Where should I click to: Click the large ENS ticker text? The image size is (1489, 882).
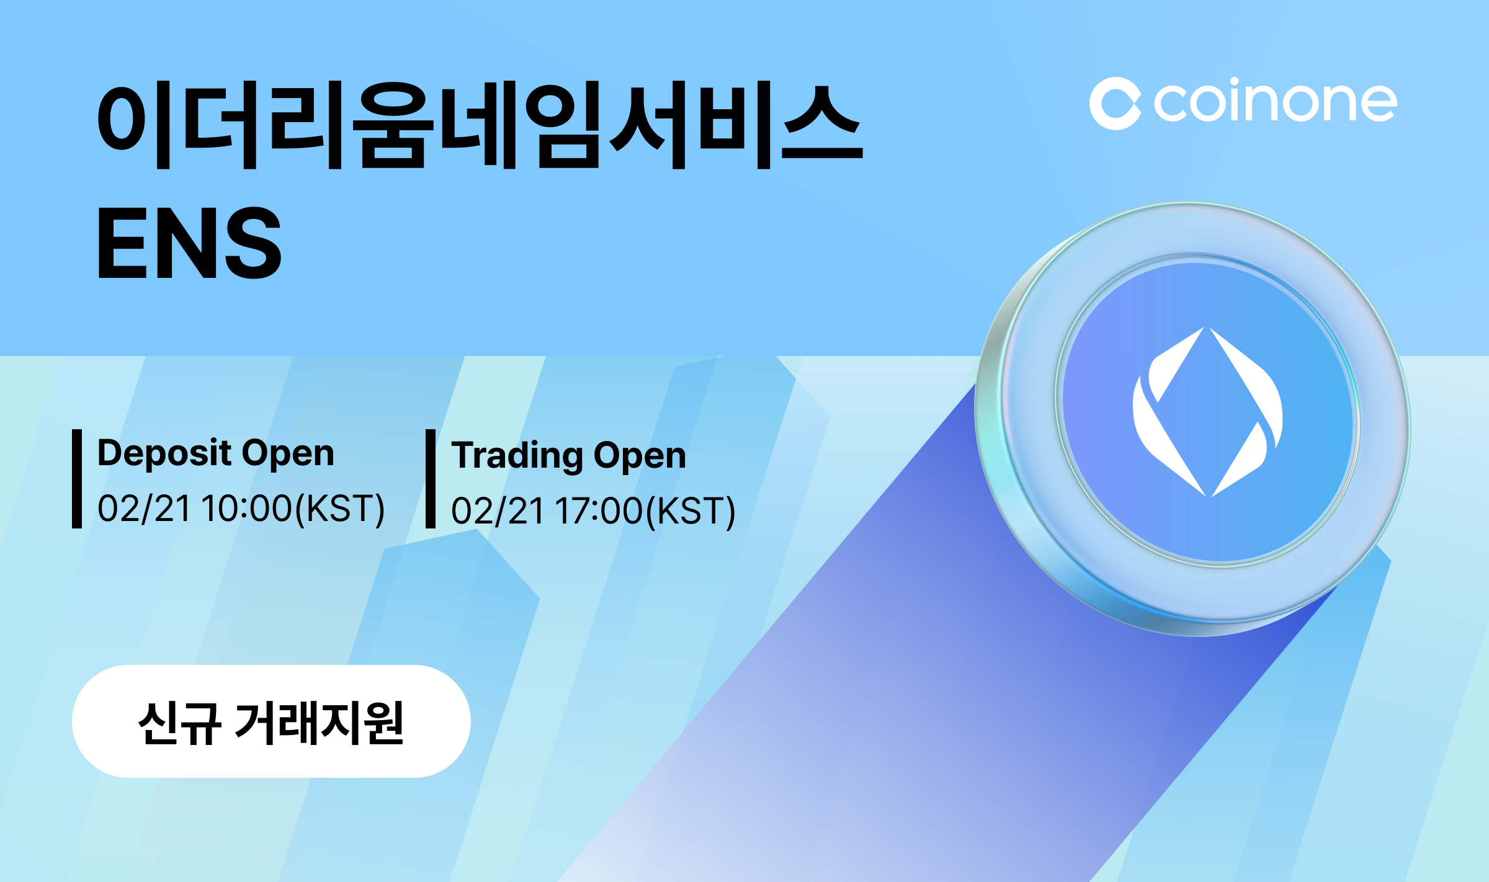point(189,243)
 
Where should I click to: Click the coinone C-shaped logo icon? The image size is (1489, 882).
point(1115,104)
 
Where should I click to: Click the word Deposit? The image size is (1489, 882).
point(164,453)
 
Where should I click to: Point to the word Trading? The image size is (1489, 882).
point(517,455)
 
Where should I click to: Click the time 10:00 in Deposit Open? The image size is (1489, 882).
point(246,509)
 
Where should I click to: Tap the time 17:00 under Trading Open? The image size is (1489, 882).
point(599,511)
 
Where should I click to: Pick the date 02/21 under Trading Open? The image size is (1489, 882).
point(498,511)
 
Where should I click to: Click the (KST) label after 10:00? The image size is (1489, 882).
point(340,509)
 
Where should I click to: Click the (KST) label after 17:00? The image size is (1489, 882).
point(691,511)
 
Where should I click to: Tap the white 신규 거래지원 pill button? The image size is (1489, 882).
point(271,721)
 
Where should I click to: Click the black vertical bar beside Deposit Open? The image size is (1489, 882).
point(77,479)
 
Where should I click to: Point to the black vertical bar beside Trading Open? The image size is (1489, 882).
point(431,479)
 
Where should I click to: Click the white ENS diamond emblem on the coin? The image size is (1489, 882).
point(1207,412)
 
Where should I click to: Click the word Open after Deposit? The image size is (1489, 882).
point(288,453)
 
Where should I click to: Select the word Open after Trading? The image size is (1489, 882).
point(640,455)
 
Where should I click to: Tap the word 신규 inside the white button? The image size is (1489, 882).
point(179,723)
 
